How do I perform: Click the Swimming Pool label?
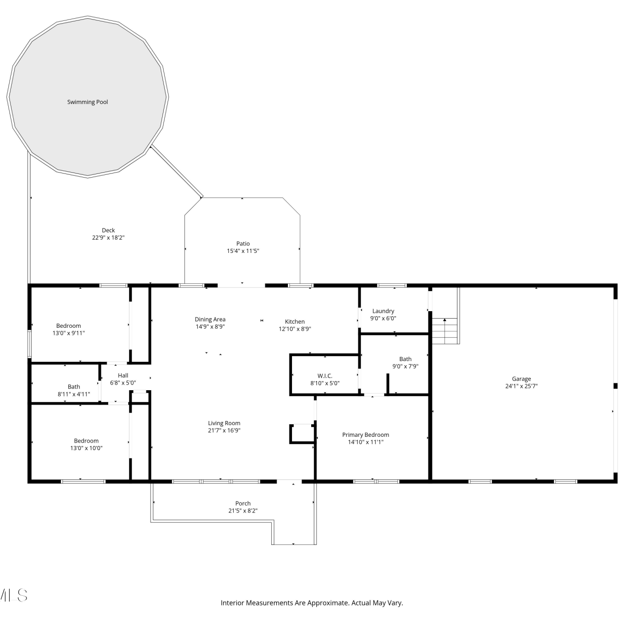click(87, 102)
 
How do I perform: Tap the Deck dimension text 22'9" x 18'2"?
click(108, 238)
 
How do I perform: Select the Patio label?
click(243, 243)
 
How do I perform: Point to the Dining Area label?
click(210, 319)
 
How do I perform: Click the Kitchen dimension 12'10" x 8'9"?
click(295, 329)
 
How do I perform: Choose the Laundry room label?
click(383, 311)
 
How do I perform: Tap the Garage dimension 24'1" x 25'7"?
click(521, 386)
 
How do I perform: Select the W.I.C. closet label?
click(325, 376)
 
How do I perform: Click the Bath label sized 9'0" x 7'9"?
click(405, 359)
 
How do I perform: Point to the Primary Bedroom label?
click(366, 435)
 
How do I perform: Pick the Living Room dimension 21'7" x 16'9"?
click(224, 431)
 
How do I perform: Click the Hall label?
click(123, 375)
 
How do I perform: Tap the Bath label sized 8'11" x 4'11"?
click(74, 387)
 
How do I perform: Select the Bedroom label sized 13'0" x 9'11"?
click(69, 326)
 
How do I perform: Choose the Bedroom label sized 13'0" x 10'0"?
click(86, 441)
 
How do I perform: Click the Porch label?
click(243, 503)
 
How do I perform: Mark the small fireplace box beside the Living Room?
click(302, 433)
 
